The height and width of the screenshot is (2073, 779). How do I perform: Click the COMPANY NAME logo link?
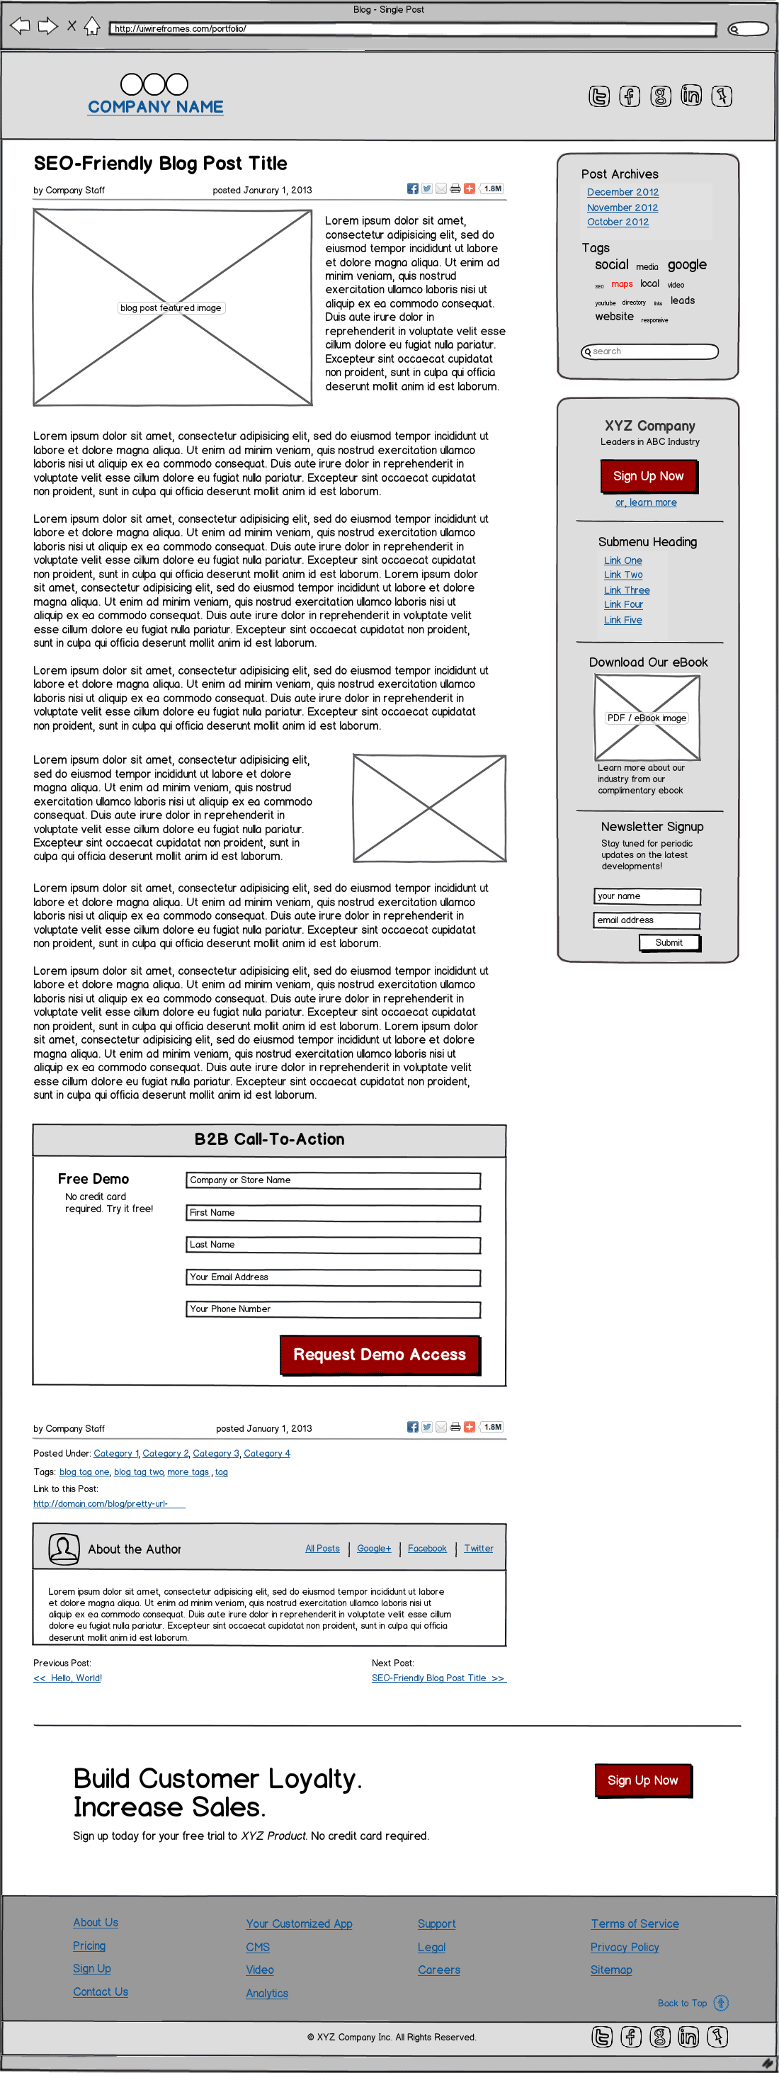point(155,107)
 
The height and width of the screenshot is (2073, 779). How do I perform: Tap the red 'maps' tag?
point(621,284)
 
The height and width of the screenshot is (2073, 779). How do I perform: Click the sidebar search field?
point(649,351)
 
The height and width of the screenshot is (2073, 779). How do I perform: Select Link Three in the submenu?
point(626,590)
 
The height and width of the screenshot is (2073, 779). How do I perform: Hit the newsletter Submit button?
point(669,942)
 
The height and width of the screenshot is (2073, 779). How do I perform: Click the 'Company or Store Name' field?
point(332,1180)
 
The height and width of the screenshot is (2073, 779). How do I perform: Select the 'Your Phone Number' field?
point(332,1309)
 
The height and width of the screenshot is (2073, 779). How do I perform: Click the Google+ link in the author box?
point(373,1548)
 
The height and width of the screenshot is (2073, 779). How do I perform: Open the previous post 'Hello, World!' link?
point(67,1678)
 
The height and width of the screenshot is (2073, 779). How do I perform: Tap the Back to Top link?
point(683,2003)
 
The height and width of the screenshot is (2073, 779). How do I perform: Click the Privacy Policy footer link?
point(625,1947)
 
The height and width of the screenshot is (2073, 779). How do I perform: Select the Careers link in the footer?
point(438,1970)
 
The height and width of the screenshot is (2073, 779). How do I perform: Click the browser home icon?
point(92,26)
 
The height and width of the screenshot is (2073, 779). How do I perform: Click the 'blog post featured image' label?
point(171,308)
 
